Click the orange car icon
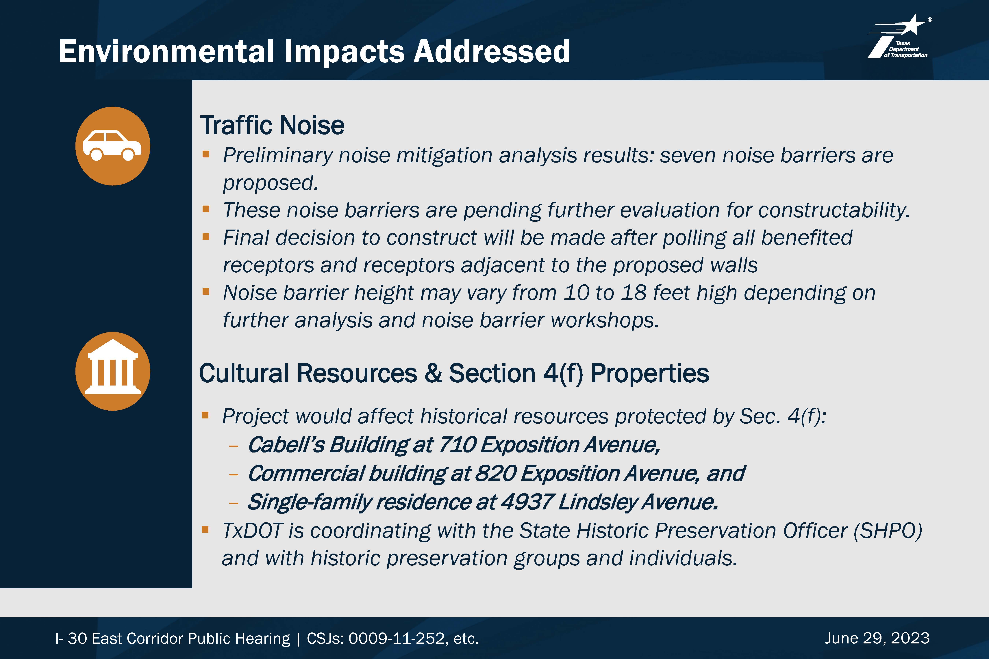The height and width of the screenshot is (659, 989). (x=113, y=146)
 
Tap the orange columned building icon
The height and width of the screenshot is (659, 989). (x=113, y=371)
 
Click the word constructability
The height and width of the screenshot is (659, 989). (x=834, y=210)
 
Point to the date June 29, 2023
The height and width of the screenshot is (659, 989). (x=877, y=638)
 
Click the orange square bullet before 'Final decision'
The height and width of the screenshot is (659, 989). (x=206, y=237)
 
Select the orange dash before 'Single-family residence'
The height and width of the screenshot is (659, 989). (x=234, y=503)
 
